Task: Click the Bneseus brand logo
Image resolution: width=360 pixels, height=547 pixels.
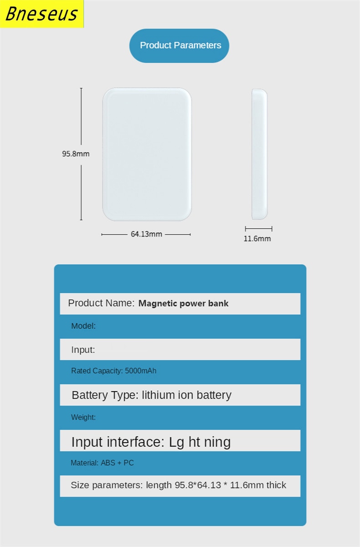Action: click(x=41, y=14)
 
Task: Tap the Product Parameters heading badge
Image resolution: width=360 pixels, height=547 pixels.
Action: click(x=179, y=46)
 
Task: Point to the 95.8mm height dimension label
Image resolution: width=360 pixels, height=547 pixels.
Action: click(x=76, y=154)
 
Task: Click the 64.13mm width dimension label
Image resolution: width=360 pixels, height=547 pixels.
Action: click(x=146, y=234)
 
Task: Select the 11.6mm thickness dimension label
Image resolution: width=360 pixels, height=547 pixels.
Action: click(x=257, y=239)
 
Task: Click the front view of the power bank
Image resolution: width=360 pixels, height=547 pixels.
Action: click(x=147, y=154)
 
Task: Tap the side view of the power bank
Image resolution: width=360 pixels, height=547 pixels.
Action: click(x=260, y=154)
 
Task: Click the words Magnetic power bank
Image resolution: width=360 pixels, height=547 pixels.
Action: click(x=183, y=303)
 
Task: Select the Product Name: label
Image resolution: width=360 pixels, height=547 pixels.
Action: click(x=101, y=303)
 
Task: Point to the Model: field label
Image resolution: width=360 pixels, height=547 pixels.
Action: click(x=83, y=326)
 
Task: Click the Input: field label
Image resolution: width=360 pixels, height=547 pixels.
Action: click(x=83, y=350)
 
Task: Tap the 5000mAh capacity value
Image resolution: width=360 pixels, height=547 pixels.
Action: click(x=140, y=371)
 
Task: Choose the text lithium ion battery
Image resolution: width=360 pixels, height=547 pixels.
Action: click(x=186, y=395)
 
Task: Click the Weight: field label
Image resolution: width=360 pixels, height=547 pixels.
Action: click(x=83, y=417)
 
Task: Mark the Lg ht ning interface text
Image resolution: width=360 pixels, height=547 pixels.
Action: click(x=200, y=442)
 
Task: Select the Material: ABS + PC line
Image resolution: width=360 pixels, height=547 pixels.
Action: click(x=102, y=463)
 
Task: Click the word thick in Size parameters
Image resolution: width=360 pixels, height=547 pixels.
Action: click(x=276, y=485)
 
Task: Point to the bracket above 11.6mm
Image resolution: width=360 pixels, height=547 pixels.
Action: click(x=258, y=229)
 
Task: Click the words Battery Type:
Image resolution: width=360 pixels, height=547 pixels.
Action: click(x=105, y=395)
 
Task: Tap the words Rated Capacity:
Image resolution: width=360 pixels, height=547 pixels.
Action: click(x=97, y=371)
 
